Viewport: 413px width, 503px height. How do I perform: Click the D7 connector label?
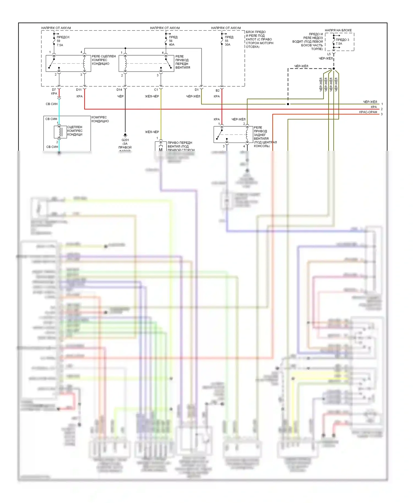[54, 90]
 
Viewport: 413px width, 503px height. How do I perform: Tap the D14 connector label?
[119, 90]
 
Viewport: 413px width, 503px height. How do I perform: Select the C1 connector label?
[156, 90]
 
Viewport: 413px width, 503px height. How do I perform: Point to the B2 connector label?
[218, 90]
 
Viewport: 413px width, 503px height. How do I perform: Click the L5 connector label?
[329, 54]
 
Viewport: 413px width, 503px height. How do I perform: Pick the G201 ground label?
[125, 140]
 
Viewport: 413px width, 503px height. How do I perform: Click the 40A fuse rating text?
[172, 45]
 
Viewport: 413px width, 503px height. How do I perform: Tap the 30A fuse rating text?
[227, 45]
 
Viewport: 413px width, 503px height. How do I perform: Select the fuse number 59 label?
[58, 41]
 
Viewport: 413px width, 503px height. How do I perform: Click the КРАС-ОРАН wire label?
[368, 112]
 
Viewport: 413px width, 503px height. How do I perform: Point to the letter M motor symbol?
[161, 149]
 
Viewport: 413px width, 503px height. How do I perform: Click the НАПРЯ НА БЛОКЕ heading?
[338, 30]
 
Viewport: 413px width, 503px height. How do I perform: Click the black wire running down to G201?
[125, 116]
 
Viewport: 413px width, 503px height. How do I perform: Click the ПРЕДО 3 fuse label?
[342, 40]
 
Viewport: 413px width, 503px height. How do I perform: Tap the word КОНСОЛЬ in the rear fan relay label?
[262, 146]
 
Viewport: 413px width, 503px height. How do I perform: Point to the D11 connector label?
[79, 90]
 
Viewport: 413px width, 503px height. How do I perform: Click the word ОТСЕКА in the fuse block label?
[252, 47]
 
